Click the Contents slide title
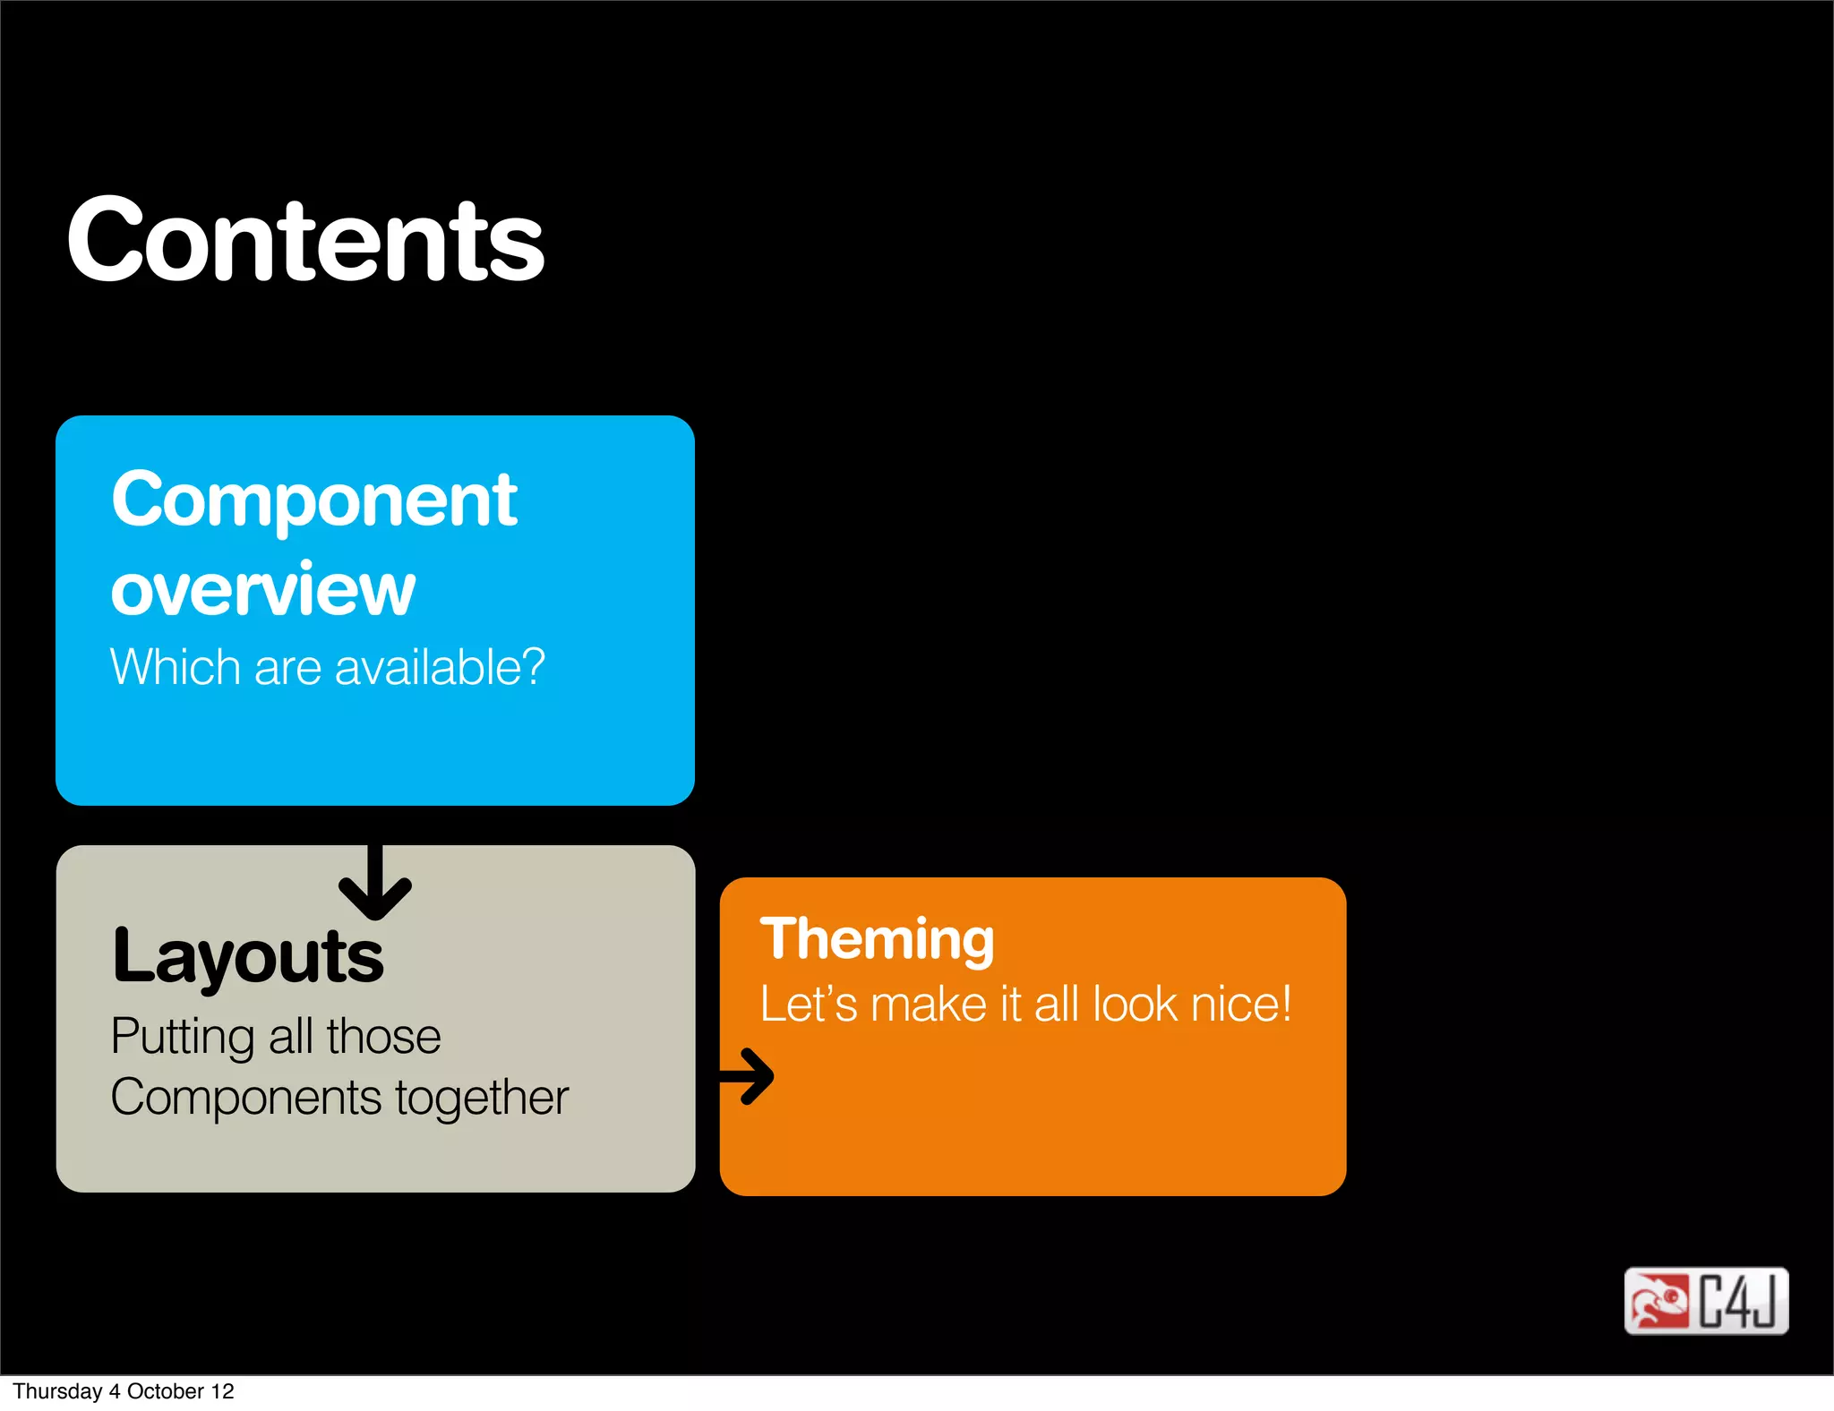(x=304, y=240)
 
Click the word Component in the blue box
(x=314, y=501)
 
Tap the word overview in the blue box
(x=262, y=590)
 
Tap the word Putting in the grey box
(x=183, y=1038)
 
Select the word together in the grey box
(x=482, y=1099)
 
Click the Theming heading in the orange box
(x=877, y=940)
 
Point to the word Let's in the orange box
(x=809, y=1004)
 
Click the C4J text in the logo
(x=1738, y=1301)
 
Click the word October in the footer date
(x=166, y=1391)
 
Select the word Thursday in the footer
(x=57, y=1391)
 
